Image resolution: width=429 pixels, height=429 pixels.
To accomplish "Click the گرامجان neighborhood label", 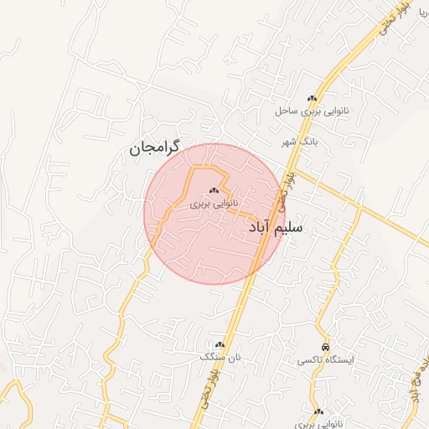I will [x=156, y=149].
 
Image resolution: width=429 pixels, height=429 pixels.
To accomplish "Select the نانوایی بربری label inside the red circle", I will [x=214, y=203].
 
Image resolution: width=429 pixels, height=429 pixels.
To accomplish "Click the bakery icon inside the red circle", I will [x=214, y=190].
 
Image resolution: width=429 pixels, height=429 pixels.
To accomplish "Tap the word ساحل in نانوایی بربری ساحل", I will [x=288, y=110].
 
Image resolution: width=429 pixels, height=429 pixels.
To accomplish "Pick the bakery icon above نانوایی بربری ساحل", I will [x=313, y=98].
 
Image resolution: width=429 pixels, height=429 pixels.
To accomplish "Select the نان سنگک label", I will [x=220, y=357].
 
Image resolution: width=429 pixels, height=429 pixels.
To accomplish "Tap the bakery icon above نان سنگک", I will [x=220, y=344].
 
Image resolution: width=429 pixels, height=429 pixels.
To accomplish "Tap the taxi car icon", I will [x=325, y=347].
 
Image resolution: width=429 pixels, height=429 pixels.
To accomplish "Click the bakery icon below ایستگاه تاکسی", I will [x=318, y=411].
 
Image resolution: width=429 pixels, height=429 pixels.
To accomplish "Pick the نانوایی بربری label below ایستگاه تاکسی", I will [x=319, y=424].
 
